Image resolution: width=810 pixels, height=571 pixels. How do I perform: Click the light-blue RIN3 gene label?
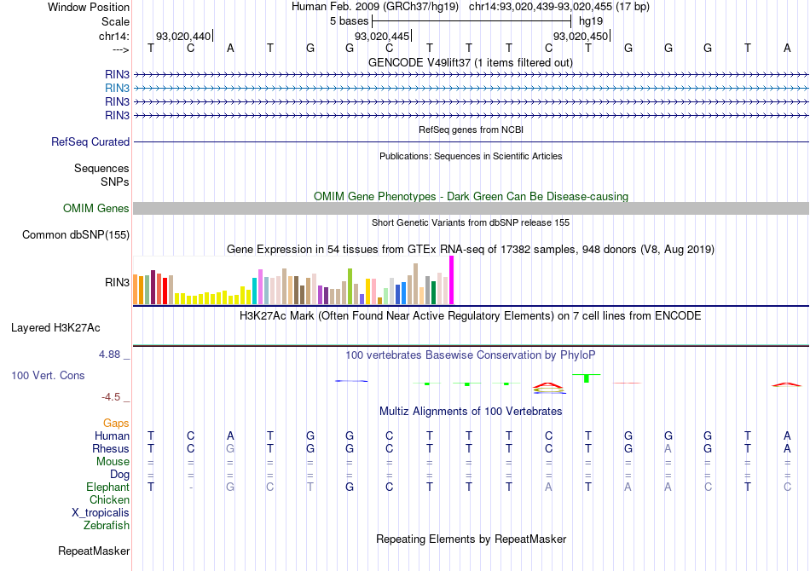[x=117, y=88]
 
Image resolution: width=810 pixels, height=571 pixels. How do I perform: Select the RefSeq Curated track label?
[x=90, y=142]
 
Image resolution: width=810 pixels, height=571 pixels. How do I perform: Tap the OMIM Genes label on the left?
[x=96, y=209]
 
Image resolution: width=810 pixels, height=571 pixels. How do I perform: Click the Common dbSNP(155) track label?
[x=76, y=234]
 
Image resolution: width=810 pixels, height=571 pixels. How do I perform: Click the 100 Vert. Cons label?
[x=48, y=375]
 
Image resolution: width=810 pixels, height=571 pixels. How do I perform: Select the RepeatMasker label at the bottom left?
[x=93, y=551]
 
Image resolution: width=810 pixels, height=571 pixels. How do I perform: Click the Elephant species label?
[x=107, y=487]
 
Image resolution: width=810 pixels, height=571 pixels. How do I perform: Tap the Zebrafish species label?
[x=107, y=526]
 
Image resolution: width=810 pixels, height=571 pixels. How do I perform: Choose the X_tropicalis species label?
[x=101, y=513]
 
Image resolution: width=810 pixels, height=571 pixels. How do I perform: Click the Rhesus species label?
[x=111, y=448]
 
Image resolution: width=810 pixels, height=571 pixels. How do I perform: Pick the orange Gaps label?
[x=116, y=423]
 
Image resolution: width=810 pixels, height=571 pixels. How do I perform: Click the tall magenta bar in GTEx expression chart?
[x=451, y=280]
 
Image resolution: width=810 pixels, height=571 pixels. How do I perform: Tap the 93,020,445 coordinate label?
[x=381, y=37]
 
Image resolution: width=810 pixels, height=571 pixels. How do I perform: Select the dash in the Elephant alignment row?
[x=190, y=487]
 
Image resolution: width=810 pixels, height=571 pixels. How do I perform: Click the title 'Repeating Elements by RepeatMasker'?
[x=471, y=539]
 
